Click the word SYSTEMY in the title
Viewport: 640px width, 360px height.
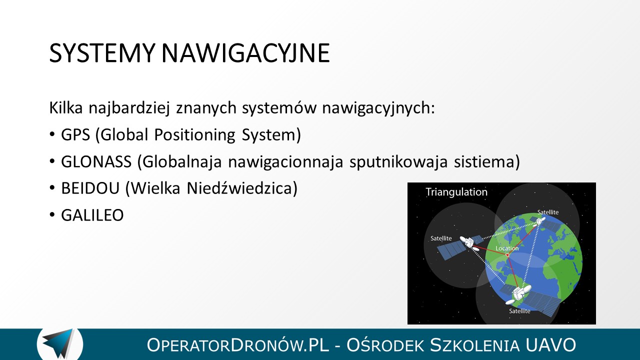pos(101,53)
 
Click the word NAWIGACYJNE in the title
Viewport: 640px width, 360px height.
pos(245,53)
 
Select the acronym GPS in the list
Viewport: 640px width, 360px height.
pos(75,134)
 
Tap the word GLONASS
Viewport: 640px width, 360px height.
pos(96,161)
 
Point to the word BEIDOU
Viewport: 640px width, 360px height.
pos(90,188)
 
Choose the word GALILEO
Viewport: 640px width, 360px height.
pos(92,215)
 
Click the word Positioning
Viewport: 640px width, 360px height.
pos(195,135)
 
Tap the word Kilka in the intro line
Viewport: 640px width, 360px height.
pos(66,107)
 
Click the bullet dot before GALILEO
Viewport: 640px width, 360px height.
pos(51,214)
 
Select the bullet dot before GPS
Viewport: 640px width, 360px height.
pos(51,134)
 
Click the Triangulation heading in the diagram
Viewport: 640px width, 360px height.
pos(456,192)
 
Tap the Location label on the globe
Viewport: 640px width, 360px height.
pos(507,248)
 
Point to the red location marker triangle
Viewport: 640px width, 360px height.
pos(507,255)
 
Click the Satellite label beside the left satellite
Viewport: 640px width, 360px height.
pos(441,238)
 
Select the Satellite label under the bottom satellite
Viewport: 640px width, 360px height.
pos(519,311)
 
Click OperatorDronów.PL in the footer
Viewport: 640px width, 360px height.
pos(237,345)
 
